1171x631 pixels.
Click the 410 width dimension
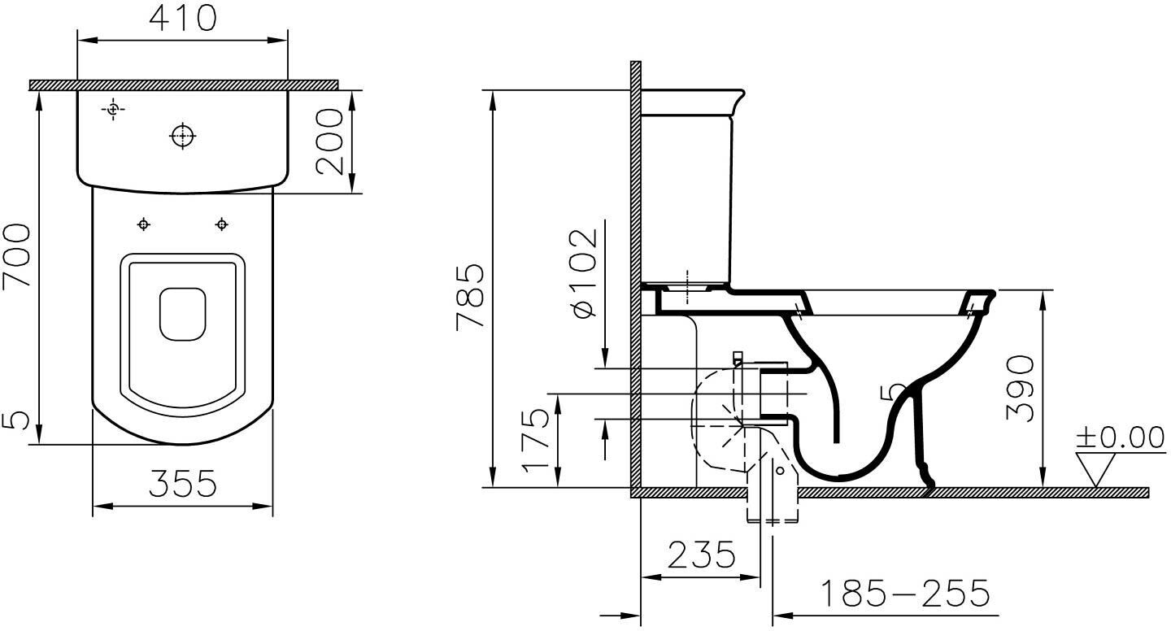coord(182,18)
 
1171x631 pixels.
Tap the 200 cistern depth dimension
coord(330,141)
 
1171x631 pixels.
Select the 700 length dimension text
coord(16,255)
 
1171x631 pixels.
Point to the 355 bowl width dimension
coord(182,484)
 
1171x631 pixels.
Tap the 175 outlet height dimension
coord(537,440)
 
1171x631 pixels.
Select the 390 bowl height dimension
coord(1020,388)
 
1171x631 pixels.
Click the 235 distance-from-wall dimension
coord(702,555)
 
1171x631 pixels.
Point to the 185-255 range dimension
coord(905,594)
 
